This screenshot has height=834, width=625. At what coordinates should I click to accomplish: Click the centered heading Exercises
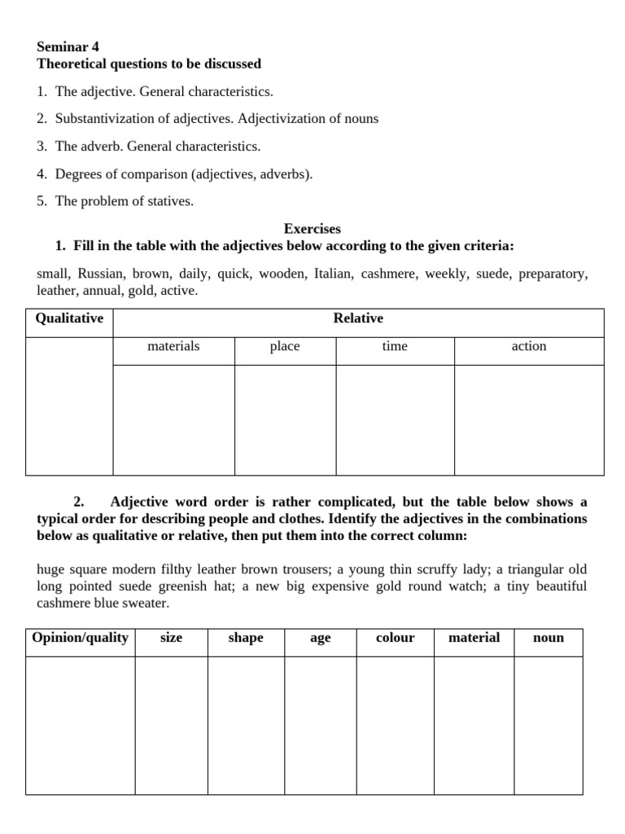pos(312,229)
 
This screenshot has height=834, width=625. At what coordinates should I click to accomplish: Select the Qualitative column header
pos(69,318)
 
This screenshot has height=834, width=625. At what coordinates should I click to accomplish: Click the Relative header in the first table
pos(358,318)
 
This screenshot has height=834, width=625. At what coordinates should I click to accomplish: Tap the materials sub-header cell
pos(173,346)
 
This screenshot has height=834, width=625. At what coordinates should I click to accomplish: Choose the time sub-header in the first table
pos(395,346)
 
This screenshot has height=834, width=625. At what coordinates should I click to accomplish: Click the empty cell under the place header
pos(285,419)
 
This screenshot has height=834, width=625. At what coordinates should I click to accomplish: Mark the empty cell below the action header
pos(529,419)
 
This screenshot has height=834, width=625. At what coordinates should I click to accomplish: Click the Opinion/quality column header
pos(80,638)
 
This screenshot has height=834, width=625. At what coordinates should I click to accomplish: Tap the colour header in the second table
pos(395,638)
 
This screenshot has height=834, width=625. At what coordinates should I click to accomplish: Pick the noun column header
pos(548,638)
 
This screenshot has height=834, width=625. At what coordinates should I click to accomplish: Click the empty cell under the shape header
pos(246,725)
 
